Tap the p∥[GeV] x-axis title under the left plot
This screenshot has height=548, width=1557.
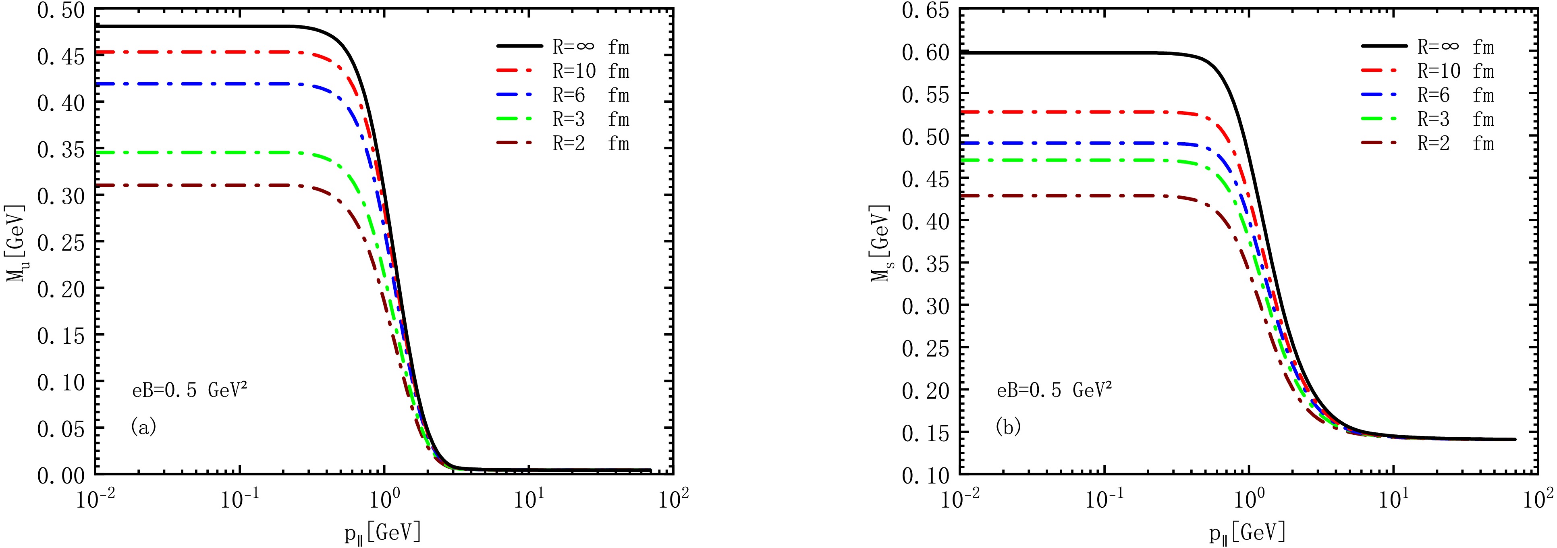pos(383,532)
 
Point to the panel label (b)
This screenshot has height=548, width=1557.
pos(1007,427)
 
